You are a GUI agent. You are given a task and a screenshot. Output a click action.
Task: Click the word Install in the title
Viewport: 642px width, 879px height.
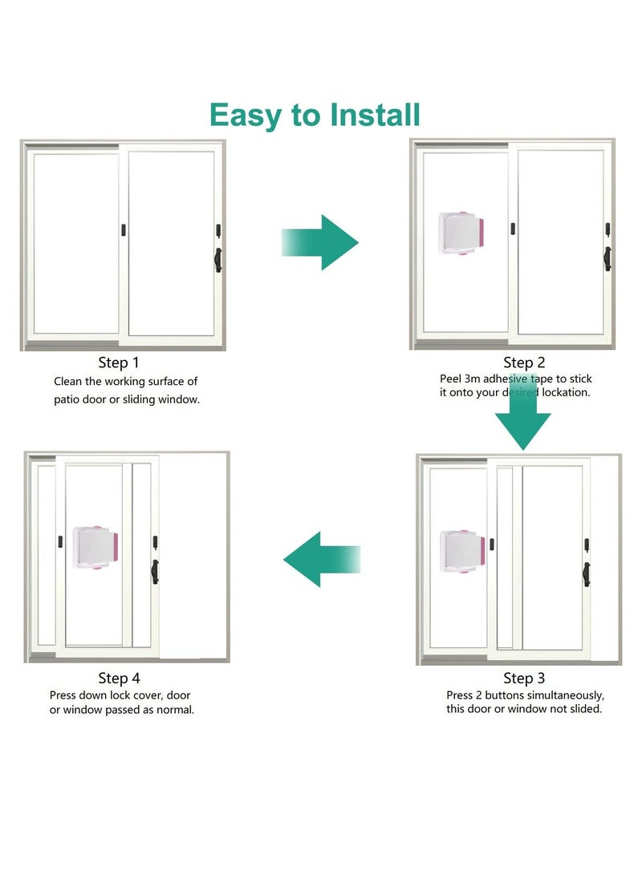[x=367, y=115]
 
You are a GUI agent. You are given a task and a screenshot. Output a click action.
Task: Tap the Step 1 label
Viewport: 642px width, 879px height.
[x=124, y=363]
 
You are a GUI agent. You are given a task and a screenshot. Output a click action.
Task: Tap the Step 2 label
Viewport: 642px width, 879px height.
[x=524, y=363]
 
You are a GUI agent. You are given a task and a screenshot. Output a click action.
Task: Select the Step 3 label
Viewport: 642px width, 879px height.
[x=524, y=678]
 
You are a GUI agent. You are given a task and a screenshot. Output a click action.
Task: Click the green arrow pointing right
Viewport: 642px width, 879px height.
[x=319, y=242]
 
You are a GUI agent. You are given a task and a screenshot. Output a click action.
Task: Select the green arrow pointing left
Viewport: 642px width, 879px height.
[x=321, y=559]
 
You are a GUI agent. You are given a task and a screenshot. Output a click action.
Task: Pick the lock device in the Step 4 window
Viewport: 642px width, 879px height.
[x=96, y=548]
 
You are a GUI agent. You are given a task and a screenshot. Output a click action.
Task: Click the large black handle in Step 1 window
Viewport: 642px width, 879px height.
[x=217, y=259]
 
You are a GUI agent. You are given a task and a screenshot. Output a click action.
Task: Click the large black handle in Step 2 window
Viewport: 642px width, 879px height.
[x=607, y=258]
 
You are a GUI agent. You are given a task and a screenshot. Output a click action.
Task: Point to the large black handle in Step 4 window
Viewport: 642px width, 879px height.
[x=155, y=571]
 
